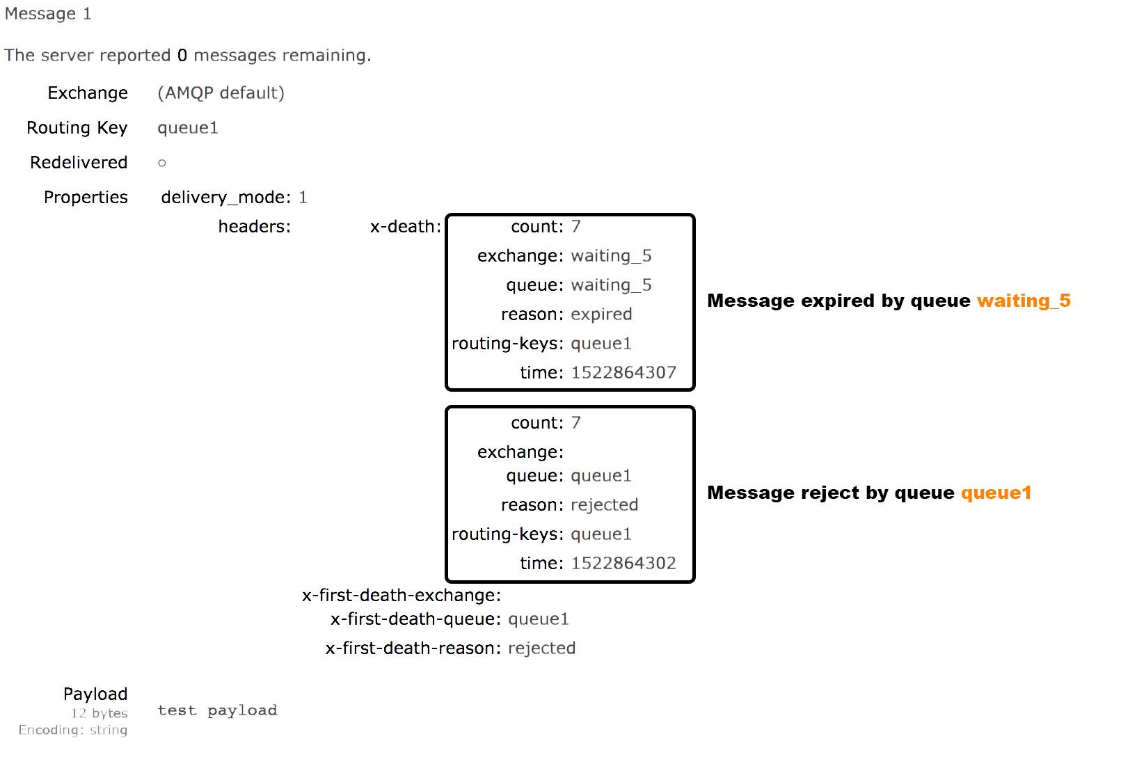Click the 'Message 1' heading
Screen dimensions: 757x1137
[47, 14]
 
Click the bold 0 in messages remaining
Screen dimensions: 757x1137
[182, 56]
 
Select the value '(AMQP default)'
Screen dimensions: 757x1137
[221, 93]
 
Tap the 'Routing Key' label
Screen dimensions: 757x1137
[77, 128]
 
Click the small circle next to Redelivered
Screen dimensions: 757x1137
[161, 163]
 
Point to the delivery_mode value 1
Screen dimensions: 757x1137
[303, 198]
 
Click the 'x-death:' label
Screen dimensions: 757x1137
[405, 227]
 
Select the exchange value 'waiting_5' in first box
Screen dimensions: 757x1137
[611, 256]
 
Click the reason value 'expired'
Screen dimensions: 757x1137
[601, 314]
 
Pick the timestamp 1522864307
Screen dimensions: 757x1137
[623, 373]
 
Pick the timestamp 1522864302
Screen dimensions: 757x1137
[623, 564]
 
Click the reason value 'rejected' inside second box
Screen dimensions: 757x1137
[604, 505]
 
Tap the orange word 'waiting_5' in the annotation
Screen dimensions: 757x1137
[1024, 301]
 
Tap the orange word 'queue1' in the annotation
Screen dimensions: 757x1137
[996, 493]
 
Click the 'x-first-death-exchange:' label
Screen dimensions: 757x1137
[401, 596]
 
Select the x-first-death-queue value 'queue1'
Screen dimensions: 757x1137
[538, 619]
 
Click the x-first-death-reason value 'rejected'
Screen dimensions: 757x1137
[541, 648]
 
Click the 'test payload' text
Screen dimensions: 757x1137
[217, 710]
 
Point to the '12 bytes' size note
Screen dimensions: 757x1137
[99, 713]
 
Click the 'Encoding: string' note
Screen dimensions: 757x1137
[73, 730]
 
